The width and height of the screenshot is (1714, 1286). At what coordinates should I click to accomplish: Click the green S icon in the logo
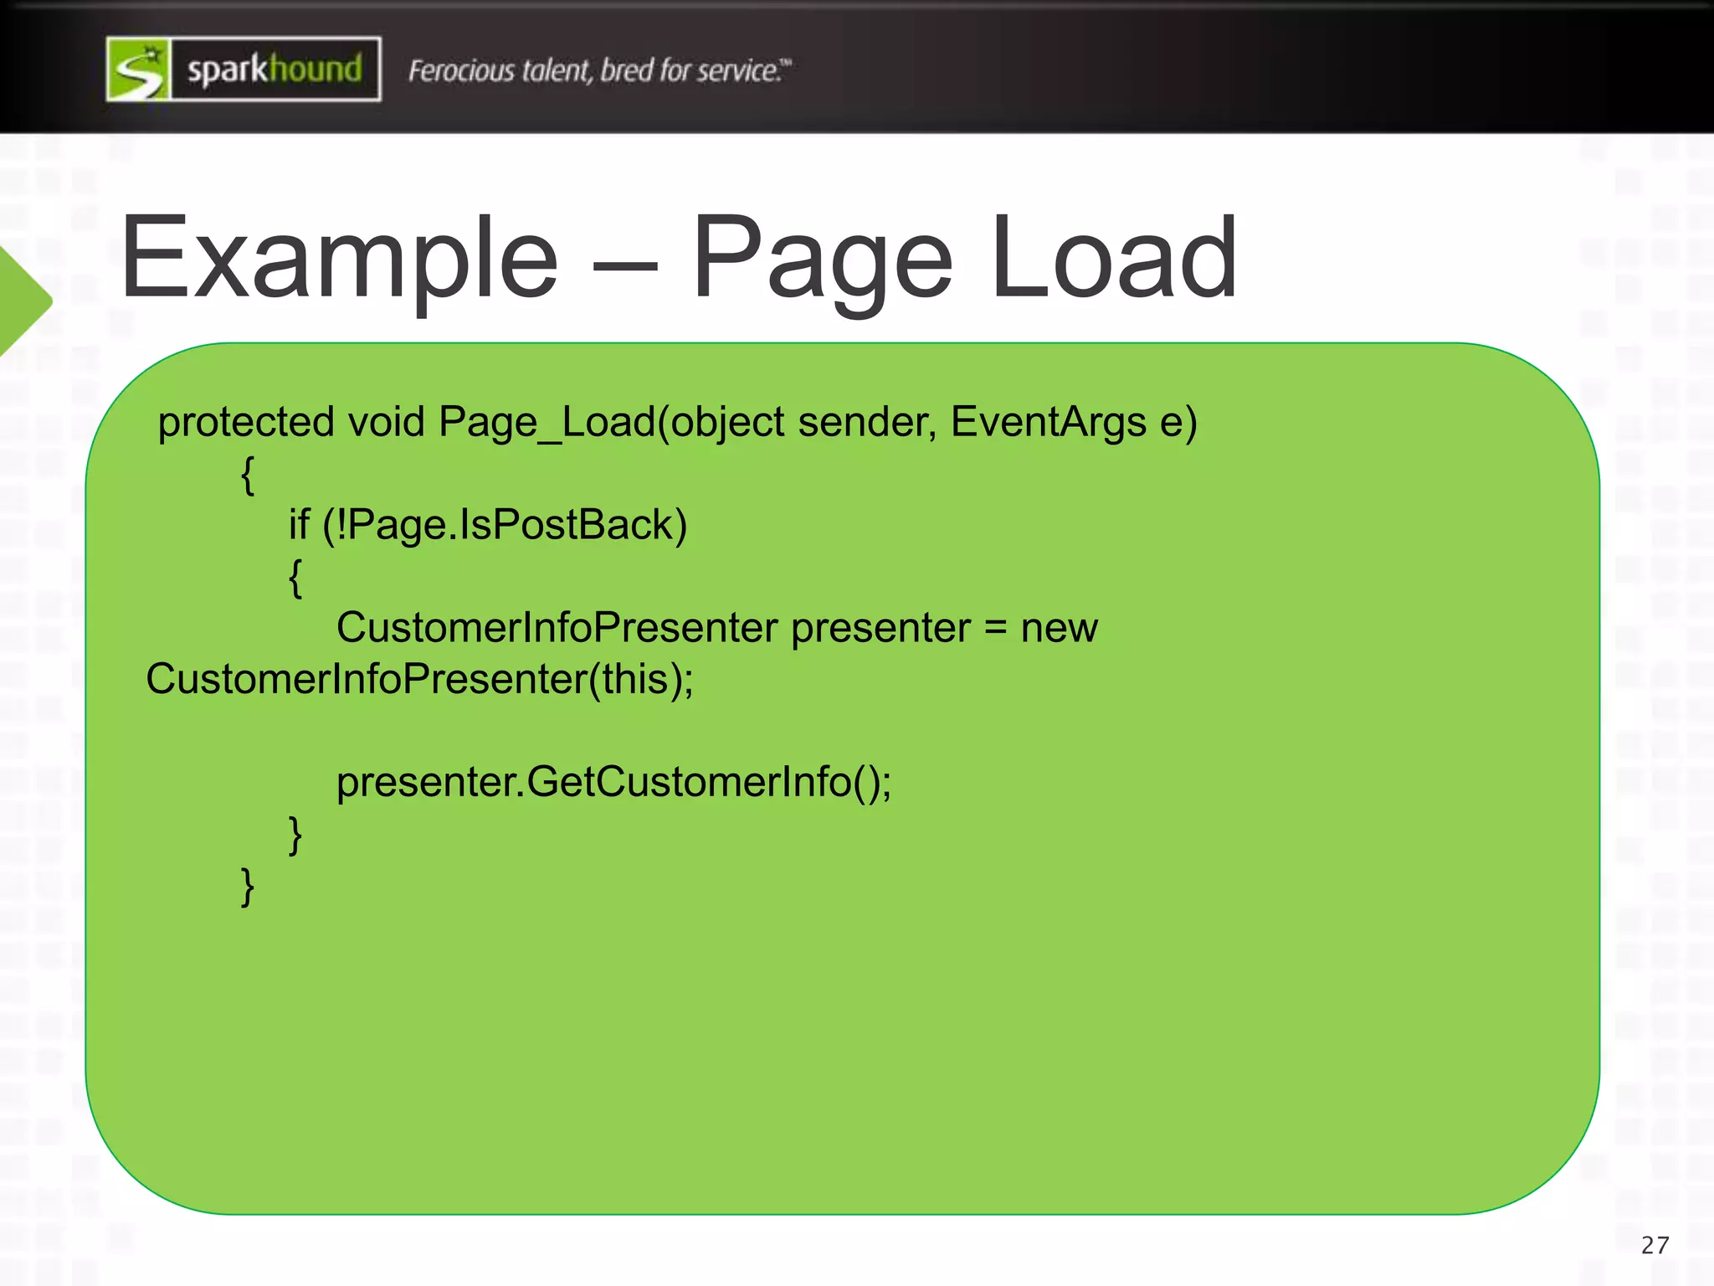139,69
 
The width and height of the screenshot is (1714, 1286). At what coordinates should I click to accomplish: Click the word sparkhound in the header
275,69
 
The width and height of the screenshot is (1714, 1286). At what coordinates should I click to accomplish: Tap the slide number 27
1655,1246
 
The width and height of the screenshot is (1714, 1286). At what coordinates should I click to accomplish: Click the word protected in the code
246,423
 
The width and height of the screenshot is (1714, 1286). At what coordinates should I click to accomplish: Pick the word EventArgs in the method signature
1048,423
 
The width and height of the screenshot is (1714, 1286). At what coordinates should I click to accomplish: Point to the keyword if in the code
299,525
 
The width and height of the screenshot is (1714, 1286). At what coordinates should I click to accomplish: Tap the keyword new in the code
1059,628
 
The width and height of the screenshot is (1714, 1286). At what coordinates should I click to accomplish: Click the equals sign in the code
995,628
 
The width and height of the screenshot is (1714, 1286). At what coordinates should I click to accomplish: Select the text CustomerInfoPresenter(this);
419,679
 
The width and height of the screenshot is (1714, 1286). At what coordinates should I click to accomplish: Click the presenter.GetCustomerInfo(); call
613,782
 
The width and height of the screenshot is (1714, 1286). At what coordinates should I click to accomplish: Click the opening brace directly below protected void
248,475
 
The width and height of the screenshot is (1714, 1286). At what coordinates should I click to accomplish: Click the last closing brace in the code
248,887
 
